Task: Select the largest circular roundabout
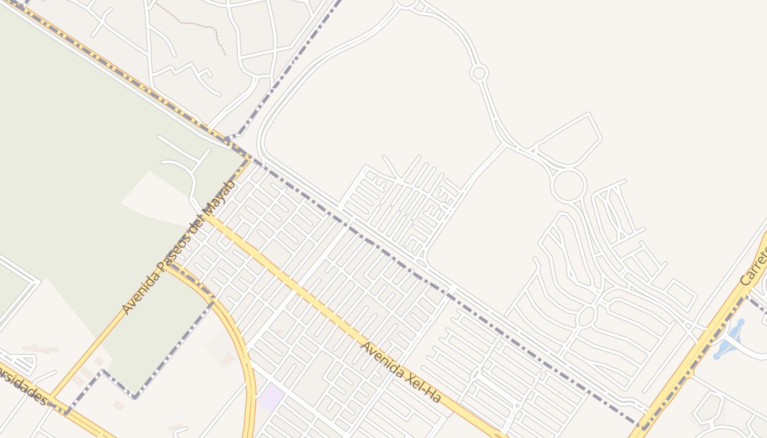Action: click(x=568, y=185)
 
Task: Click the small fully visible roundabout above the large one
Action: click(x=479, y=72)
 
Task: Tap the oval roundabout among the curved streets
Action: click(x=586, y=316)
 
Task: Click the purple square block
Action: click(x=272, y=397)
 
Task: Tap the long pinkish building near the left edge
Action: click(x=41, y=348)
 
